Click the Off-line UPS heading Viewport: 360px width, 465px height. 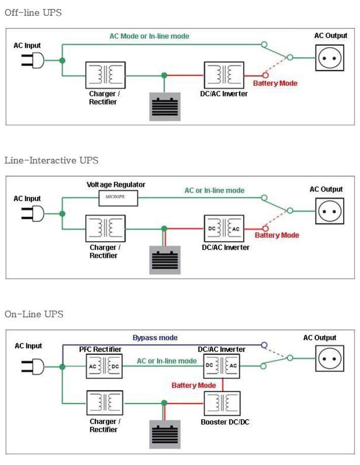33,13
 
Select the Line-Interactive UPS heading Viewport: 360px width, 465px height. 51,160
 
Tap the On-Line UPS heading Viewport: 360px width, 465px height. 34,314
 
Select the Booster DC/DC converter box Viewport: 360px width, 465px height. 221,404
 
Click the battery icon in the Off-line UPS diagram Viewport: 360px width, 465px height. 164,107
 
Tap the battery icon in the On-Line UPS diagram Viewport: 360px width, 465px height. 164,434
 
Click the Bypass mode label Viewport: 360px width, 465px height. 155,338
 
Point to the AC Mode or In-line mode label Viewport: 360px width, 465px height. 149,37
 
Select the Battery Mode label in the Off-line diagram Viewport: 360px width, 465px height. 275,83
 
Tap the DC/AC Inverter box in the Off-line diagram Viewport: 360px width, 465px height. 222,75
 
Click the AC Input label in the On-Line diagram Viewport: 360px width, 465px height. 28,346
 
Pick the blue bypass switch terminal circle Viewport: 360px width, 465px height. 264,345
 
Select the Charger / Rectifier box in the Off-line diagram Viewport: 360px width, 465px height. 105,75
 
